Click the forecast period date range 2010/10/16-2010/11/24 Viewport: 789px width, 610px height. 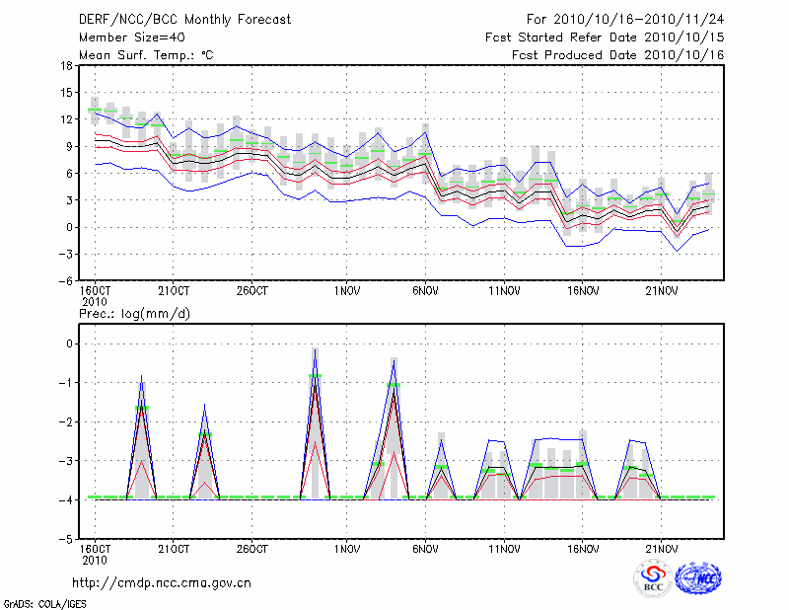[625, 19]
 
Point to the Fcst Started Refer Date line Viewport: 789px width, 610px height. [605, 37]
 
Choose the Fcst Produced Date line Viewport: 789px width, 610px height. [617, 54]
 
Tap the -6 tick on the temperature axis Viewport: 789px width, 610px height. [66, 279]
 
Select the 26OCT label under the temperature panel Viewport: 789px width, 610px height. [252, 291]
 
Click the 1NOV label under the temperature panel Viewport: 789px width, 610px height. [345, 291]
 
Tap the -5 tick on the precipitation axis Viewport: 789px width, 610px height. [66, 539]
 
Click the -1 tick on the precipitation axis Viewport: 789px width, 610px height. [66, 383]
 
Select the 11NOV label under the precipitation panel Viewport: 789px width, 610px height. [503, 549]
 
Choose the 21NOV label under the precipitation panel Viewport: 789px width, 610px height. [661, 549]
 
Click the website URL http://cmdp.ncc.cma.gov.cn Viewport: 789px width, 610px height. [163, 583]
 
